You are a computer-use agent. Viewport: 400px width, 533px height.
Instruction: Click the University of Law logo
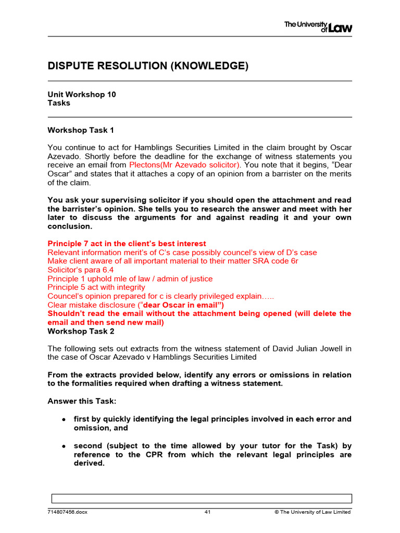pos(318,27)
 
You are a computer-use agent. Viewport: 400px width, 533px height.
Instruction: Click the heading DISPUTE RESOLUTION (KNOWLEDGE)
pos(148,66)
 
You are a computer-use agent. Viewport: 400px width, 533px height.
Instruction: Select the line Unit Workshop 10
pos(82,94)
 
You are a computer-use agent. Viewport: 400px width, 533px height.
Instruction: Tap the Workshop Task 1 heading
pos(80,130)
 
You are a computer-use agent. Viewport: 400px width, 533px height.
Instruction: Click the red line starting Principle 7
pos(127,244)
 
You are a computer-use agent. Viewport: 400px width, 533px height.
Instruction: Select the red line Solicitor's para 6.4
pos(81,270)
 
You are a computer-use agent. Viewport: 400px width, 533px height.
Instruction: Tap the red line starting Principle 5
pos(96,287)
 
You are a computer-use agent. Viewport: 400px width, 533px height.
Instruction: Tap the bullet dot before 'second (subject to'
pos(63,446)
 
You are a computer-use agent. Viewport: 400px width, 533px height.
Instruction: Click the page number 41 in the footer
pos(207,512)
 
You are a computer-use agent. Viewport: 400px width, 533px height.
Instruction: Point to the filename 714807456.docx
pos(68,512)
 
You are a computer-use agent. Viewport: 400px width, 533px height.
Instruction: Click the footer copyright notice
pos(312,512)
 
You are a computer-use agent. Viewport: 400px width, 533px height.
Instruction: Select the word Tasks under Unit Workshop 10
pos(59,103)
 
